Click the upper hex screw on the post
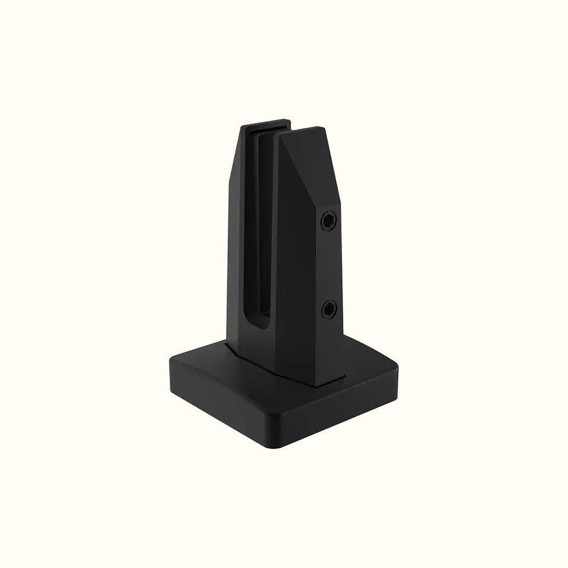pyautogui.click(x=329, y=220)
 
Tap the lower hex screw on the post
pyautogui.click(x=328, y=309)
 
